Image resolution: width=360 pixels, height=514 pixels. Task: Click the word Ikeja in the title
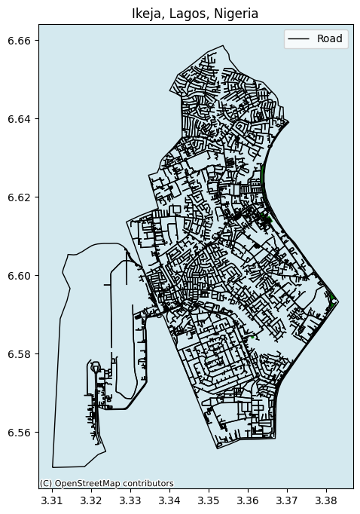(146, 13)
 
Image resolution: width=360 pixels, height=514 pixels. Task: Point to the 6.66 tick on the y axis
(22, 41)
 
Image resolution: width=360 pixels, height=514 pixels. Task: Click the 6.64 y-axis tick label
(22, 119)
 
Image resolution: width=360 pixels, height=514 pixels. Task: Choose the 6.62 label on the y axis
(22, 197)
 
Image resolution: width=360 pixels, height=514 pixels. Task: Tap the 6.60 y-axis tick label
(22, 276)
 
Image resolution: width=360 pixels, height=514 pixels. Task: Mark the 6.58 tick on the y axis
(22, 354)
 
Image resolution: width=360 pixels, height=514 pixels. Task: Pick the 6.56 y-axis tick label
(22, 433)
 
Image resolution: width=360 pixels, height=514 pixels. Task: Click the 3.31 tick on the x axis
(52, 500)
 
